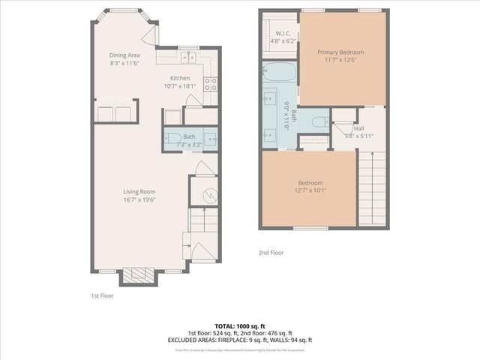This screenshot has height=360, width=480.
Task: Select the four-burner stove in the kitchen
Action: coord(211,84)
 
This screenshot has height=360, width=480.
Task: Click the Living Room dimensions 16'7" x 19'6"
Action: coord(139,200)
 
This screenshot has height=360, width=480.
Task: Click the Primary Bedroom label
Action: coord(340,52)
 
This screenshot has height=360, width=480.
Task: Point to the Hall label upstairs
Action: coord(349,127)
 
